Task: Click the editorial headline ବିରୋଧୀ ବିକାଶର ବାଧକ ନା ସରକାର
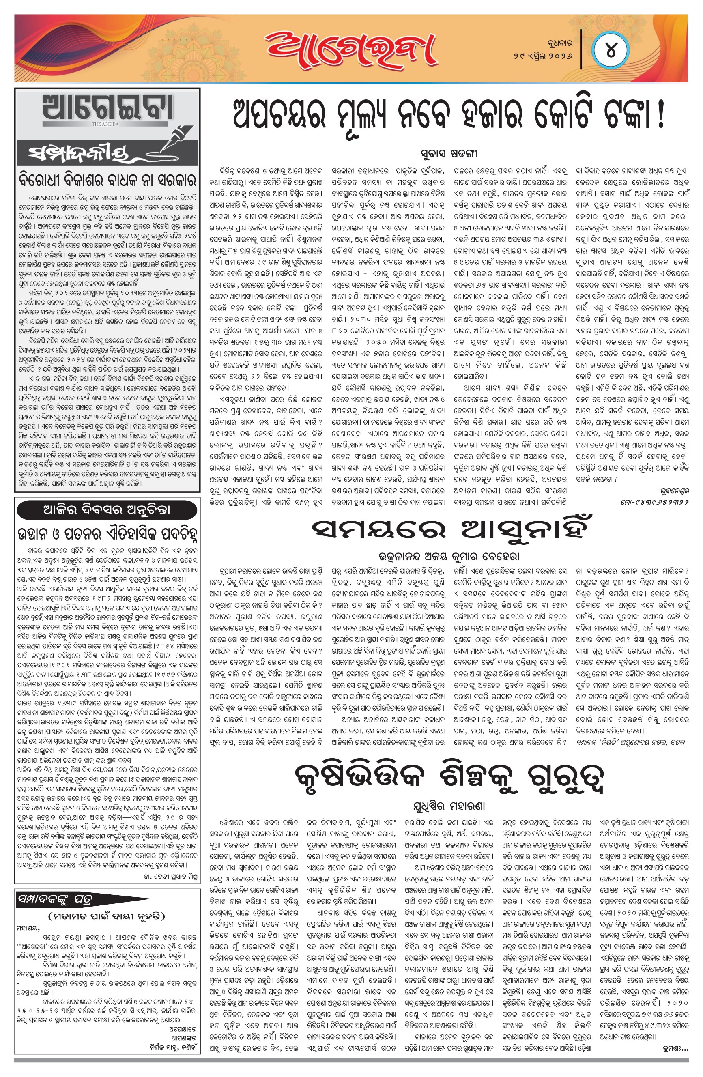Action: pos(108,180)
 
